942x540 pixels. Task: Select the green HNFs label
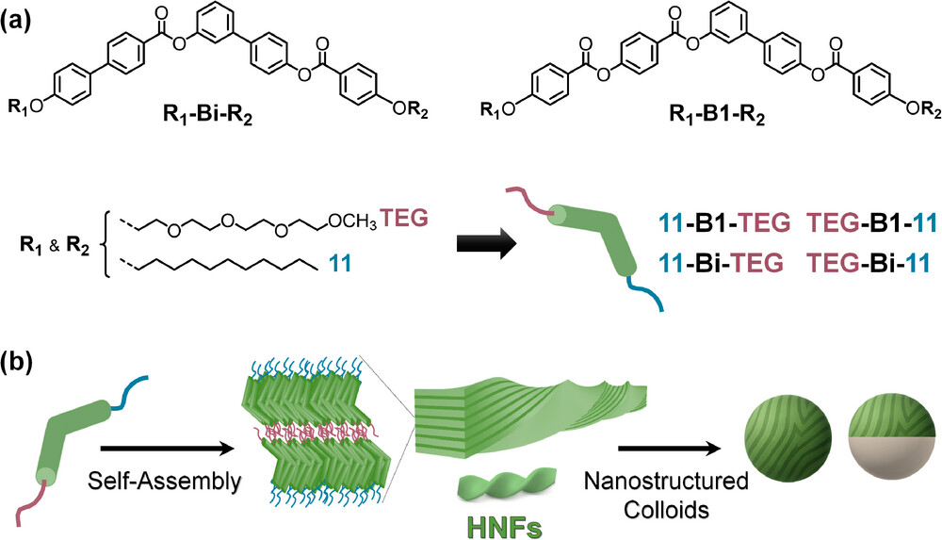pyautogui.click(x=500, y=523)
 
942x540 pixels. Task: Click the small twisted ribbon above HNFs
pyautogui.click(x=500, y=487)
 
